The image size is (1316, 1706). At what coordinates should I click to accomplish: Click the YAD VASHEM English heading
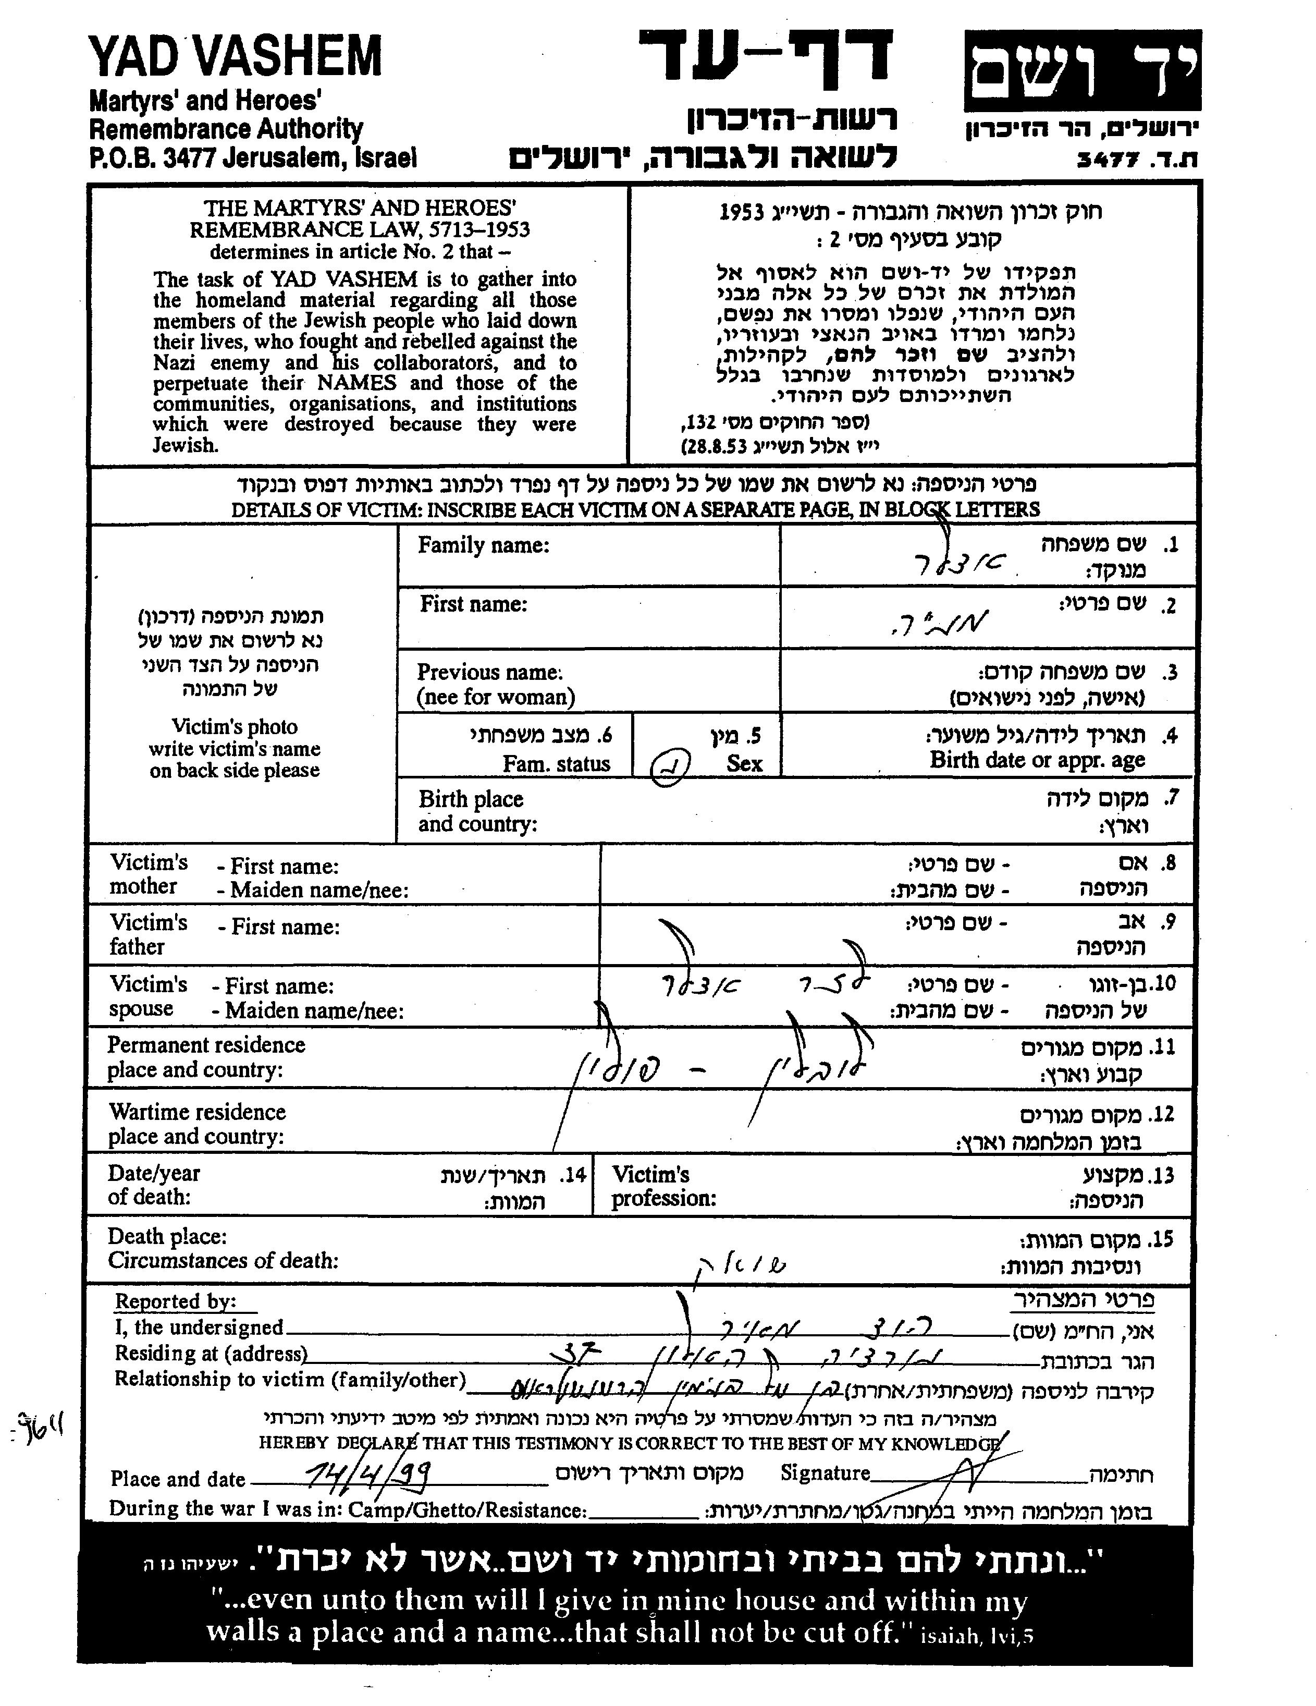(235, 57)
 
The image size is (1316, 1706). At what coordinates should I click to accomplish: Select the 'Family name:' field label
(484, 545)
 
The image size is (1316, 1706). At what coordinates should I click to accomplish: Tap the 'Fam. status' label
(556, 763)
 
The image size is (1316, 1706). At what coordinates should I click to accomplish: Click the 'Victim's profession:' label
(664, 1187)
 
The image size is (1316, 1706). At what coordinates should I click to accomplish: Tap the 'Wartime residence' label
(197, 1112)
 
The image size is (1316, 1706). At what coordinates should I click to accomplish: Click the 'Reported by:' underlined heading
(175, 1301)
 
